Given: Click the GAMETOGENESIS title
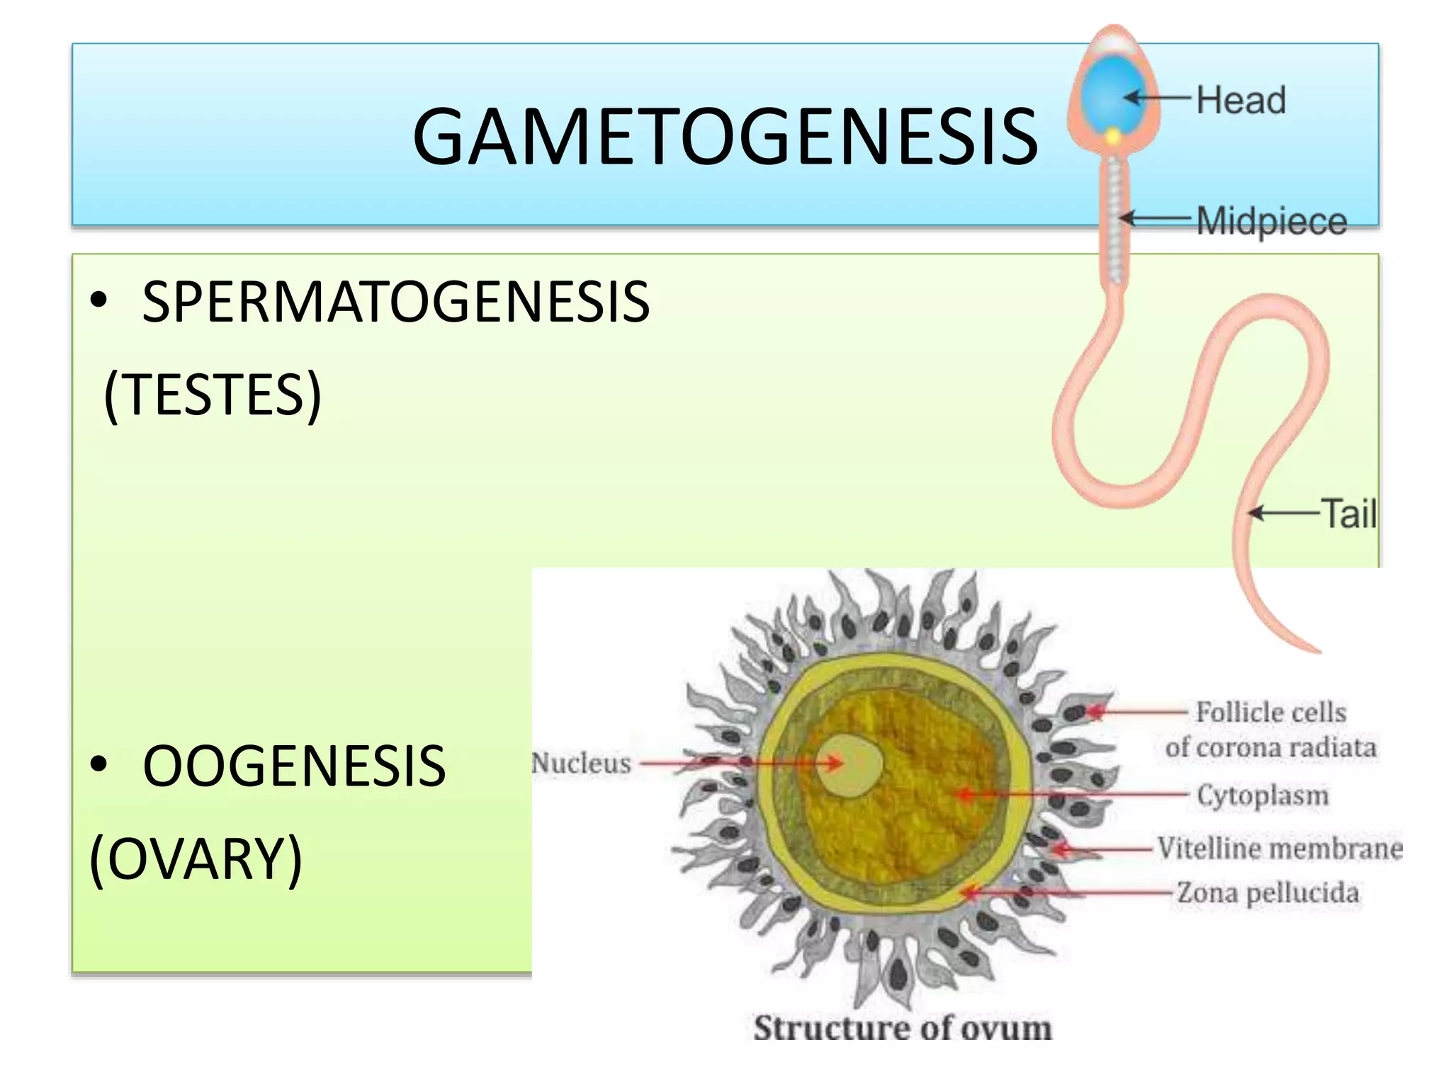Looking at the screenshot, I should pyautogui.click(x=724, y=136).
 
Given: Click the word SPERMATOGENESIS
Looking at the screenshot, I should pyautogui.click(x=395, y=302).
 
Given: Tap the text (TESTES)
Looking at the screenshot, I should pyautogui.click(x=213, y=395).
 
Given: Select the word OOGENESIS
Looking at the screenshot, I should pyautogui.click(x=294, y=766).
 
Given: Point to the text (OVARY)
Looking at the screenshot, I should pyautogui.click(x=196, y=858).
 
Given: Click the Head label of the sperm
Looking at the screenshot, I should pyautogui.click(x=1241, y=100).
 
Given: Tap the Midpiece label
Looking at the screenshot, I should pyautogui.click(x=1271, y=221).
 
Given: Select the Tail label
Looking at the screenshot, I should pyautogui.click(x=1348, y=514).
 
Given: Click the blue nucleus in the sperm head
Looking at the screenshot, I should pyautogui.click(x=1110, y=96).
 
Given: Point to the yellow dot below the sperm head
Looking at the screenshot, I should pyautogui.click(x=1113, y=136).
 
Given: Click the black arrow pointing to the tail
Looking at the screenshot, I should pyautogui.click(x=1282, y=513).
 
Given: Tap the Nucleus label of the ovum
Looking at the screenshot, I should pyautogui.click(x=581, y=763).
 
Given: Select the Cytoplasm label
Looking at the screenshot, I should pyautogui.click(x=1263, y=795).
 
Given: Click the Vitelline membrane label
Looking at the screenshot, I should pyautogui.click(x=1280, y=848).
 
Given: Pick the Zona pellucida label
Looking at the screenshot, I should pyautogui.click(x=1267, y=892).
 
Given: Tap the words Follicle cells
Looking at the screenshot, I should pyautogui.click(x=1271, y=712).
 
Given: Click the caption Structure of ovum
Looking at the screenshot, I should pyautogui.click(x=902, y=1028).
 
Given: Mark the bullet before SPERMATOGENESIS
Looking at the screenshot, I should pyautogui.click(x=98, y=301).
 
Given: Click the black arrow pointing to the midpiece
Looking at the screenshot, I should pyautogui.click(x=1155, y=218).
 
